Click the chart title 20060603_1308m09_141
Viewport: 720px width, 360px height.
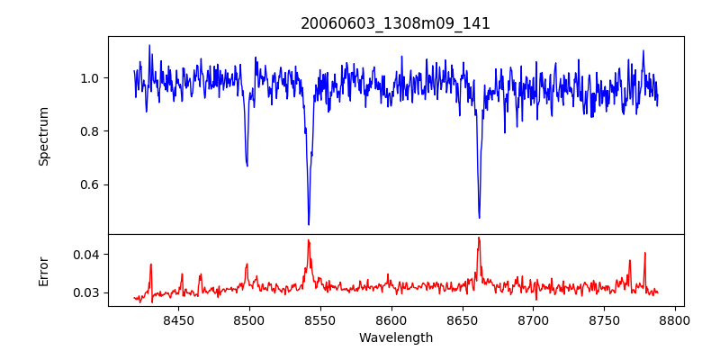[395, 23]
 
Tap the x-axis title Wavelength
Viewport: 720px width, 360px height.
[395, 338]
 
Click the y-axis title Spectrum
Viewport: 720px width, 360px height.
[44, 136]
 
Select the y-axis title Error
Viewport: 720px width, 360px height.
[44, 271]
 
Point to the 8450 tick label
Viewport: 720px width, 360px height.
[178, 319]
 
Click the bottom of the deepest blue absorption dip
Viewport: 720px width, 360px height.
[309, 224]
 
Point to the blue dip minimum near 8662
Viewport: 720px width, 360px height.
[479, 217]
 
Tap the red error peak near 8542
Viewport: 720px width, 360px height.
[308, 240]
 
